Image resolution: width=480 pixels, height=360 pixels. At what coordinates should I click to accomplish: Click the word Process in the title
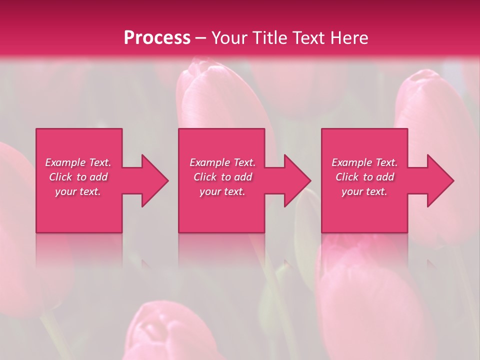pyautogui.click(x=157, y=38)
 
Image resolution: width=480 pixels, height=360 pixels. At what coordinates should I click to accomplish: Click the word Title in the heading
pyautogui.click(x=270, y=38)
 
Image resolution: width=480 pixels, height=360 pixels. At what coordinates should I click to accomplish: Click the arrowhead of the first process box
pyautogui.click(x=152, y=180)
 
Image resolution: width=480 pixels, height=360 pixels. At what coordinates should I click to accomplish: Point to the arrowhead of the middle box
pyautogui.click(x=295, y=180)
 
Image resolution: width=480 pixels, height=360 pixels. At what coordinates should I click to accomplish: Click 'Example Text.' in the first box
pyautogui.click(x=78, y=162)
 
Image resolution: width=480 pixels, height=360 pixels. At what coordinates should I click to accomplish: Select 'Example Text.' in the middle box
pyautogui.click(x=222, y=162)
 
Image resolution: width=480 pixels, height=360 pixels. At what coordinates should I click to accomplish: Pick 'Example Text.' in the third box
pyautogui.click(x=364, y=162)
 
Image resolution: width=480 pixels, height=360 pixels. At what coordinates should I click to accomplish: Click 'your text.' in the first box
pyautogui.click(x=78, y=191)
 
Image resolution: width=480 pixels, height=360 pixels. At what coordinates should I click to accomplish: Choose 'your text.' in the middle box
pyautogui.click(x=222, y=191)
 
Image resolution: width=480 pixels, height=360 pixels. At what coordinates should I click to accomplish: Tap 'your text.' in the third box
pyautogui.click(x=364, y=191)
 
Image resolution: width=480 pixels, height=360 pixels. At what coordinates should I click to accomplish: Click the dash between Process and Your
pyautogui.click(x=200, y=38)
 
